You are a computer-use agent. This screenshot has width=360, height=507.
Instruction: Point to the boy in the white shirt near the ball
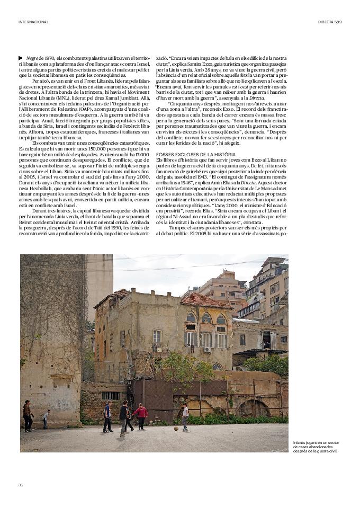(184, 416)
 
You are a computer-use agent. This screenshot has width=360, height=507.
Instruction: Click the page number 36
(21, 485)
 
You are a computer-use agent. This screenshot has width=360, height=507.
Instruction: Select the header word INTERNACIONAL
(33, 22)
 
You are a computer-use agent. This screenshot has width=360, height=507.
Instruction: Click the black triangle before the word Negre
(20, 58)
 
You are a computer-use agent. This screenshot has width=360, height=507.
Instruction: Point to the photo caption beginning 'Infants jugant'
(317, 447)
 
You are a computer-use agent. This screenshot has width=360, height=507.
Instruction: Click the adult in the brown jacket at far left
(27, 416)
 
